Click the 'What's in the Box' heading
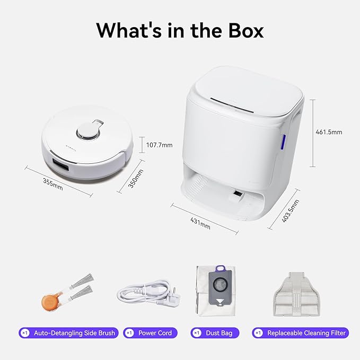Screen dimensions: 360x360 [180, 30]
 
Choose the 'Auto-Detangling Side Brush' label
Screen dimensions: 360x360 [74, 333]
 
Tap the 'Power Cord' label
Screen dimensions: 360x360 [155, 333]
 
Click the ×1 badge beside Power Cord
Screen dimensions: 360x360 [129, 333]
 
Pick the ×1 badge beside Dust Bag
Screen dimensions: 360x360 [197, 333]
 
